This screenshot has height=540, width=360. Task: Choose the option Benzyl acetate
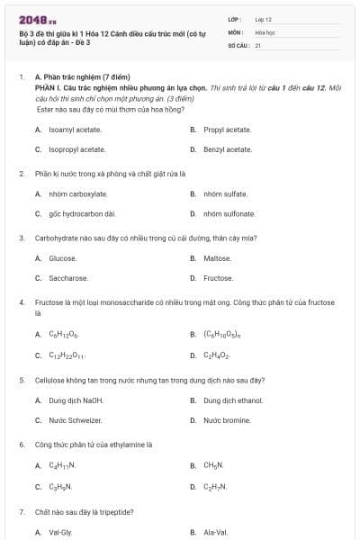(227, 149)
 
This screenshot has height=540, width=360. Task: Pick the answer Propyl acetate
(227, 130)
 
